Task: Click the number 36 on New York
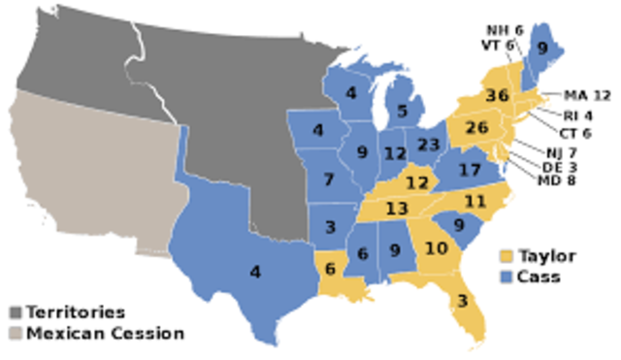pyautogui.click(x=498, y=95)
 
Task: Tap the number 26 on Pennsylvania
pyautogui.click(x=476, y=127)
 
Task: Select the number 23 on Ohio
pyautogui.click(x=428, y=143)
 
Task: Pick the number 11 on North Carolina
pyautogui.click(x=474, y=202)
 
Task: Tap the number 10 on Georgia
pyautogui.click(x=437, y=247)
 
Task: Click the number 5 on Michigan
pyautogui.click(x=402, y=112)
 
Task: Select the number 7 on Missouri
pyautogui.click(x=330, y=180)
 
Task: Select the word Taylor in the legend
pyautogui.click(x=548, y=257)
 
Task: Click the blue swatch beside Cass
pyautogui.click(x=507, y=278)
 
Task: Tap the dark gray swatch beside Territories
pyautogui.click(x=16, y=313)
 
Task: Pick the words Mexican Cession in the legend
pyautogui.click(x=105, y=334)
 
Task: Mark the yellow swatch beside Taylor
pyautogui.click(x=507, y=257)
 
